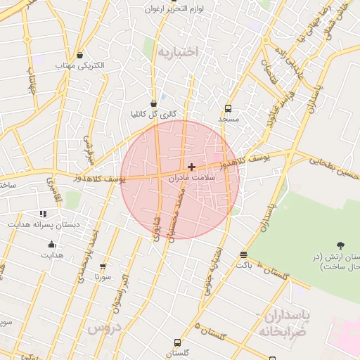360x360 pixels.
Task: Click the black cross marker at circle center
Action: coord(191,167)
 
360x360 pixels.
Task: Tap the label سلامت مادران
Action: coord(192,179)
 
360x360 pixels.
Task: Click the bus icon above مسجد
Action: coord(228,108)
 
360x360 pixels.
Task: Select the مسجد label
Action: coord(229,119)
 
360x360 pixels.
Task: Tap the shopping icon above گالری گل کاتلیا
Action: coord(154,103)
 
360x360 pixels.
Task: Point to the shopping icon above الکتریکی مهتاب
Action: coord(79,55)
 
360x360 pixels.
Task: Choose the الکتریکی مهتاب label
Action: coord(79,65)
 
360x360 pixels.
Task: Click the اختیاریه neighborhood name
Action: coord(179,52)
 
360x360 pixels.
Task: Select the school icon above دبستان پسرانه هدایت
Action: coord(43,214)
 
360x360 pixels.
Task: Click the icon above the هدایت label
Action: coord(51,245)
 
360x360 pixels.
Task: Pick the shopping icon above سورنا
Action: coord(103,267)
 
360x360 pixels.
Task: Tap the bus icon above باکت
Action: coord(243,255)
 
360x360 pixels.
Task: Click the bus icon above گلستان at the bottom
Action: coord(176,343)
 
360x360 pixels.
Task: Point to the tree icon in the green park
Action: coord(341,245)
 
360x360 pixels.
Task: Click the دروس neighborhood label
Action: coord(105,328)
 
